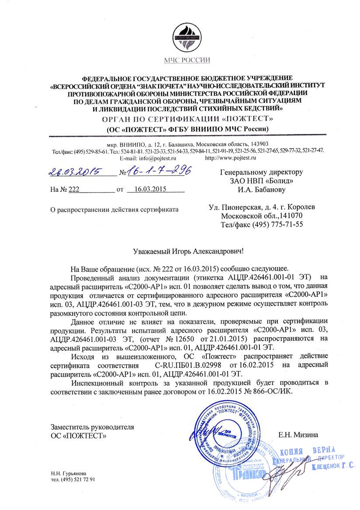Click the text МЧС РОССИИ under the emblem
point(187,60)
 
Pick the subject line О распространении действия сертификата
point(115,209)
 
